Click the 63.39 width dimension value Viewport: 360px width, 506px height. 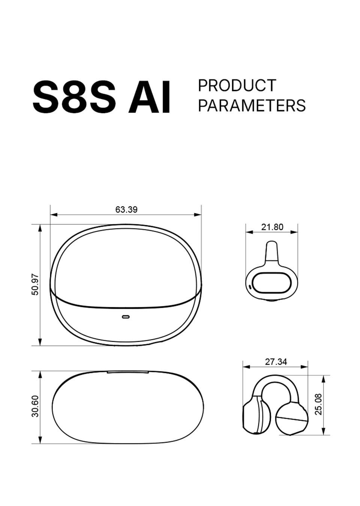point(126,210)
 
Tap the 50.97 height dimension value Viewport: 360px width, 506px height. point(35,284)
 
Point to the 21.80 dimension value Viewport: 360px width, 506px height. point(272,227)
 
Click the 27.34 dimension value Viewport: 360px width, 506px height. point(276,362)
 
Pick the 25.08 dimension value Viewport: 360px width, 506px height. point(318,404)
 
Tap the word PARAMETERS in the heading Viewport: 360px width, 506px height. point(252,106)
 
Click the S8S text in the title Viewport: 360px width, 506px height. point(74,97)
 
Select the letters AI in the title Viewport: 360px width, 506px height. point(150,97)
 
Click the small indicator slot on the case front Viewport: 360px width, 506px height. point(126,317)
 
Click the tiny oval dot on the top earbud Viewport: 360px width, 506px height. point(250,287)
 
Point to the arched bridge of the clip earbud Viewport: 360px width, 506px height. point(276,381)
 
